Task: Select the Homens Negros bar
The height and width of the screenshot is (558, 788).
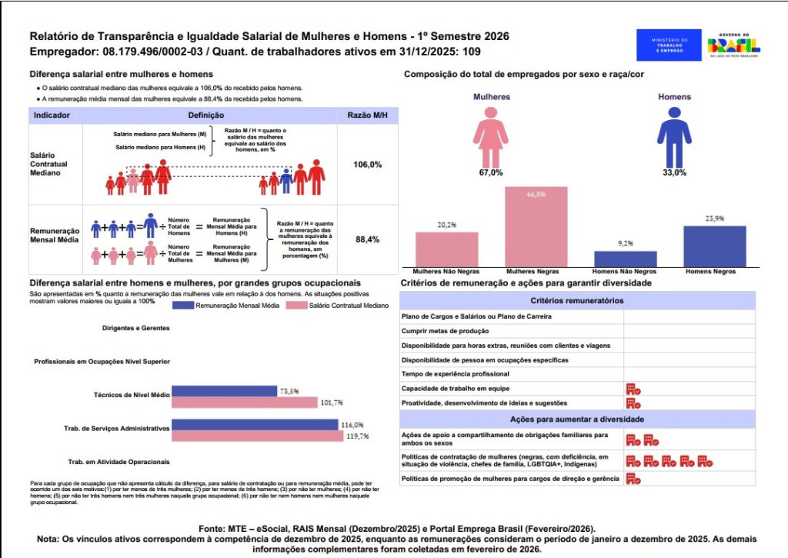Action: pyautogui.click(x=715, y=246)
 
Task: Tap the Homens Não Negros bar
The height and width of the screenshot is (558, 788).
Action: pyautogui.click(x=625, y=259)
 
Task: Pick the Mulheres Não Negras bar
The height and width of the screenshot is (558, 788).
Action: pyautogui.click(x=446, y=249)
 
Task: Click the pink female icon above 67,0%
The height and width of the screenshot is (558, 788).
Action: pyautogui.click(x=490, y=135)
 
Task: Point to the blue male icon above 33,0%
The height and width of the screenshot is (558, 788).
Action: pyautogui.click(x=674, y=135)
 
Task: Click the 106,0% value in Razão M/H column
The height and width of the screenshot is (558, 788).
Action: pyautogui.click(x=367, y=165)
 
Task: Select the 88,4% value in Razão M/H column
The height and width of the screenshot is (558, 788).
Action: pyautogui.click(x=367, y=240)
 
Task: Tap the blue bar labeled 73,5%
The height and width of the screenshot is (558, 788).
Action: pyautogui.click(x=224, y=391)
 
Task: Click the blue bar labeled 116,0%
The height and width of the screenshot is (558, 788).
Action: pyautogui.click(x=255, y=425)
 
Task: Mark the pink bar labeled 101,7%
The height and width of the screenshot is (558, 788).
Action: pyautogui.click(x=244, y=403)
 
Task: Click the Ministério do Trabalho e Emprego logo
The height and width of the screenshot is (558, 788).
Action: pyautogui.click(x=669, y=45)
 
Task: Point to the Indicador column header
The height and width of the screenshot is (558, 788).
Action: pyautogui.click(x=52, y=115)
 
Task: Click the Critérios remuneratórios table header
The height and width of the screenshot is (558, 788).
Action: pyautogui.click(x=577, y=301)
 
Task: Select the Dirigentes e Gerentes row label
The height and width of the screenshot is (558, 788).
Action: pyautogui.click(x=135, y=328)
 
